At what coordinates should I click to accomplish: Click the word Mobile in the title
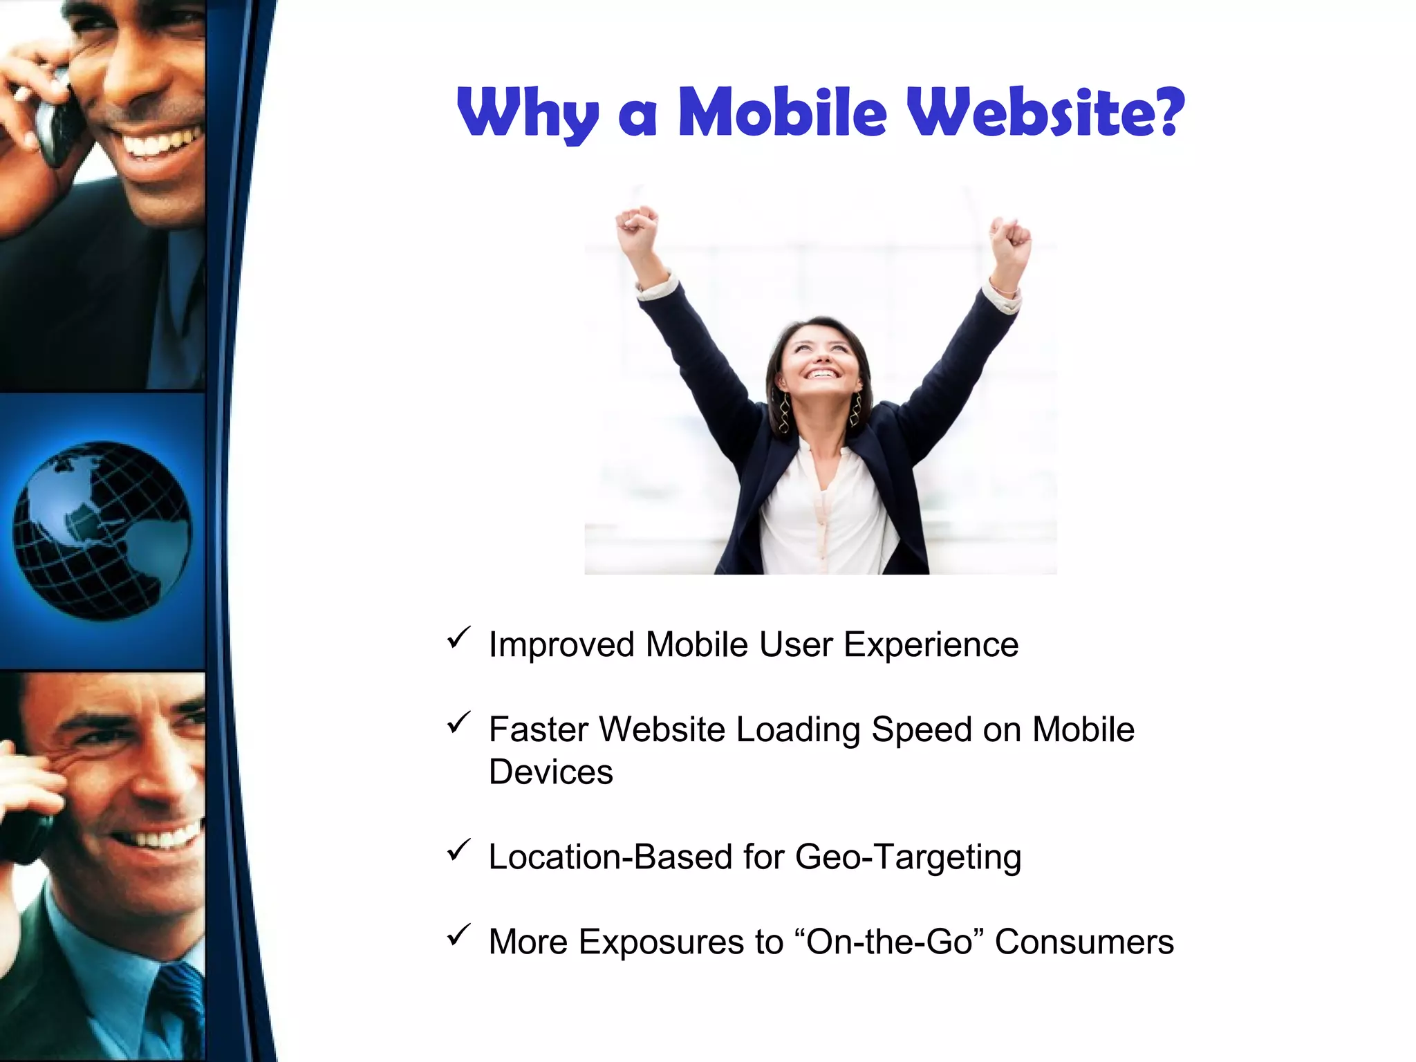click(782, 112)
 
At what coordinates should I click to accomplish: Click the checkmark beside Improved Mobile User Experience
click(458, 638)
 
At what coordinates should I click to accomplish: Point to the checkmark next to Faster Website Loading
click(458, 723)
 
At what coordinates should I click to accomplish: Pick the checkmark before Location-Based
click(458, 850)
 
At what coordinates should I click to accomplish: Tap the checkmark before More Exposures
click(458, 935)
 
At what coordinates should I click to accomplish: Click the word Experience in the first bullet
click(931, 645)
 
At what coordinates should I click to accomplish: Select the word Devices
click(550, 772)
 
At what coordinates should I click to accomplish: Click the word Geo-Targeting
click(908, 857)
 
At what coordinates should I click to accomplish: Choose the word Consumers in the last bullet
click(1084, 942)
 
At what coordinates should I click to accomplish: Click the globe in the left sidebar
click(102, 531)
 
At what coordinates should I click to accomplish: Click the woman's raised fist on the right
click(1010, 239)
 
